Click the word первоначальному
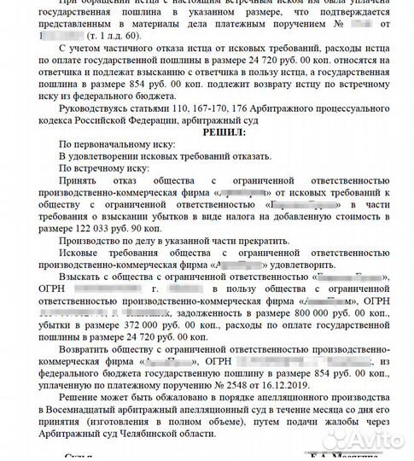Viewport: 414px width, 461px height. pos(104,146)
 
